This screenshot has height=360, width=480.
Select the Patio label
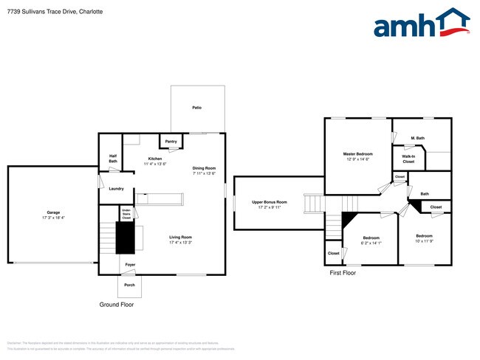[x=197, y=108]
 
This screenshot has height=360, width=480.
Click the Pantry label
[x=171, y=141]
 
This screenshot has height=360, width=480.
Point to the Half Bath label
[x=113, y=158]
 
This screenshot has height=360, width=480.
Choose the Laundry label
[x=116, y=188]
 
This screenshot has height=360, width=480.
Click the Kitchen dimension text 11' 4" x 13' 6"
[x=155, y=164]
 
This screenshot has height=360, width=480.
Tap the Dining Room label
[x=204, y=167]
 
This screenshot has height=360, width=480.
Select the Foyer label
[x=130, y=264]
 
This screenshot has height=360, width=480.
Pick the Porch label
[x=129, y=285]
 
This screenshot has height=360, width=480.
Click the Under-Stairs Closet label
[x=126, y=215]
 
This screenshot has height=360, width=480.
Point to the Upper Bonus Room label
[x=270, y=202]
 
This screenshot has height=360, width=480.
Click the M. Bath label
[x=418, y=138]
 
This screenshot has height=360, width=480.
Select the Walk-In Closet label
[x=408, y=159]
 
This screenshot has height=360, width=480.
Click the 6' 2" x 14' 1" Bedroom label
[x=371, y=238]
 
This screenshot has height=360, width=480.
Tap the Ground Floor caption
[x=117, y=305]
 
